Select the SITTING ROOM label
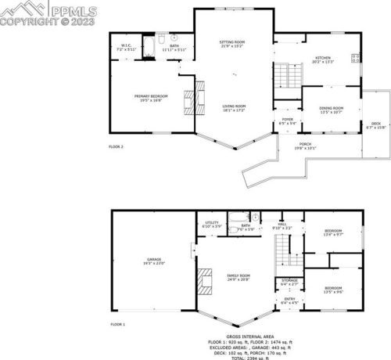[x=232, y=42]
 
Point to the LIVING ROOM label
[x=234, y=107]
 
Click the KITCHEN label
[x=323, y=59]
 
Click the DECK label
[x=375, y=123]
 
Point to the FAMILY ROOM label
[x=239, y=277]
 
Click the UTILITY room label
[x=212, y=223]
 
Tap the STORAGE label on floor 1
[x=288, y=281]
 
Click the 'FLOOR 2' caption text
[x=116, y=146]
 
